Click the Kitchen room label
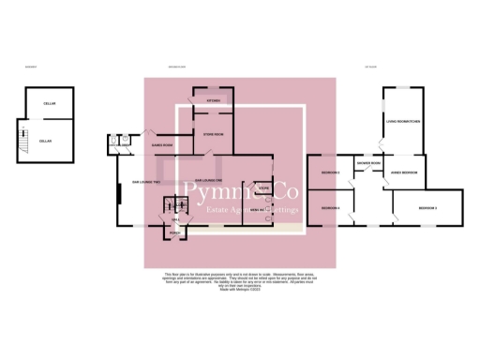point(214,100)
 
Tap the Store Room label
point(214,135)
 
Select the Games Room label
point(163,145)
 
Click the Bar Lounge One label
point(206,179)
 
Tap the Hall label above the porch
point(174,217)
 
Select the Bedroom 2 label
point(330,173)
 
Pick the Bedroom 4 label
point(330,207)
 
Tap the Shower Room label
point(367,163)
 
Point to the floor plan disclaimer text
point(239,282)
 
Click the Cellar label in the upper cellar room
point(51,104)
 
